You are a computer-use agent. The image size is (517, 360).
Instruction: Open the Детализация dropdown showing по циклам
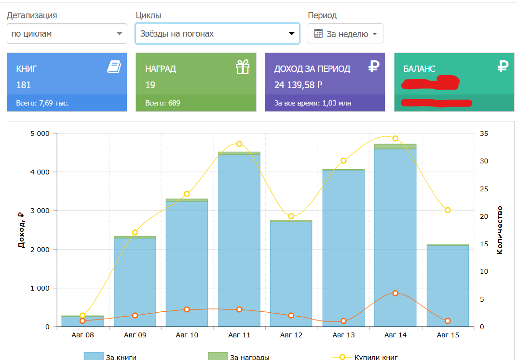click(67, 34)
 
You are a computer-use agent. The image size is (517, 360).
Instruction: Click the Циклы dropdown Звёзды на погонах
click(217, 34)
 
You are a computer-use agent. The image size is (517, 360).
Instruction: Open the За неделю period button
click(345, 34)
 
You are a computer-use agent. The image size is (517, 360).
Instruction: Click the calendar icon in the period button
click(318, 34)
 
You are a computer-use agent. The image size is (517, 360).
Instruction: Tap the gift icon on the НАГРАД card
click(243, 67)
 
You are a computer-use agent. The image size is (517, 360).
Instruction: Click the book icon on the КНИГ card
click(114, 67)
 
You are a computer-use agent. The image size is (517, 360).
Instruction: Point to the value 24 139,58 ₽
click(299, 85)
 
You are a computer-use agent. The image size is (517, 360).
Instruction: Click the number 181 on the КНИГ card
click(24, 85)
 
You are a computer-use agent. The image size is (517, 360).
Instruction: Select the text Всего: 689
click(163, 103)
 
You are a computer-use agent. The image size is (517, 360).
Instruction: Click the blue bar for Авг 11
click(239, 241)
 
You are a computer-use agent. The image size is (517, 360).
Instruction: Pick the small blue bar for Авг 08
click(82, 322)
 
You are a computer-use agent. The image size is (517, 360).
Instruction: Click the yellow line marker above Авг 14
click(395, 138)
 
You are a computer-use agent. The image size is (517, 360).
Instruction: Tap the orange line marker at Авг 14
click(395, 293)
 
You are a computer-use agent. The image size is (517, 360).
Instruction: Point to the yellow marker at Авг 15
click(448, 210)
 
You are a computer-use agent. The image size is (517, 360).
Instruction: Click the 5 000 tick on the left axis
click(40, 133)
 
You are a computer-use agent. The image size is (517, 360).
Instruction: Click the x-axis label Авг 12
click(291, 335)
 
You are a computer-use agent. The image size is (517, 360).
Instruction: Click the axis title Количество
click(500, 230)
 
